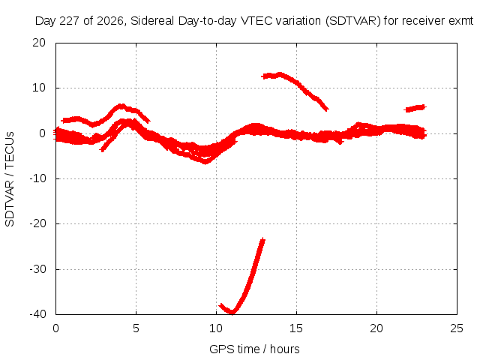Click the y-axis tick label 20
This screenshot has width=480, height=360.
(x=39, y=43)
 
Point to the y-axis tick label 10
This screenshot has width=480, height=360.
(x=39, y=88)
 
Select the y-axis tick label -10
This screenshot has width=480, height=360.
(x=37, y=178)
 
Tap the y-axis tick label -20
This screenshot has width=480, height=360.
(x=37, y=223)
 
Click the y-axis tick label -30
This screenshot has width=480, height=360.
(x=37, y=269)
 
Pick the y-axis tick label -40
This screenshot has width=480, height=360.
(x=37, y=314)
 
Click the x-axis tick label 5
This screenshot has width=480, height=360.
(x=136, y=328)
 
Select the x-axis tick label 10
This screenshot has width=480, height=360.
(x=216, y=328)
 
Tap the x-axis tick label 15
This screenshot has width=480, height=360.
(x=296, y=328)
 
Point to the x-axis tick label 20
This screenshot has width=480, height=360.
(x=376, y=328)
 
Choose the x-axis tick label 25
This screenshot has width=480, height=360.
(x=457, y=328)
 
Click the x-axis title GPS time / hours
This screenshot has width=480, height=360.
(x=254, y=349)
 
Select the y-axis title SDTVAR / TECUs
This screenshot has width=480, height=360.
(x=10, y=179)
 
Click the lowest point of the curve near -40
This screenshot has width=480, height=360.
(x=232, y=312)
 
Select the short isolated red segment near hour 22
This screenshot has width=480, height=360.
(x=415, y=108)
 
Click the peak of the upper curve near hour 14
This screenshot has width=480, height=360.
(x=280, y=74)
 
